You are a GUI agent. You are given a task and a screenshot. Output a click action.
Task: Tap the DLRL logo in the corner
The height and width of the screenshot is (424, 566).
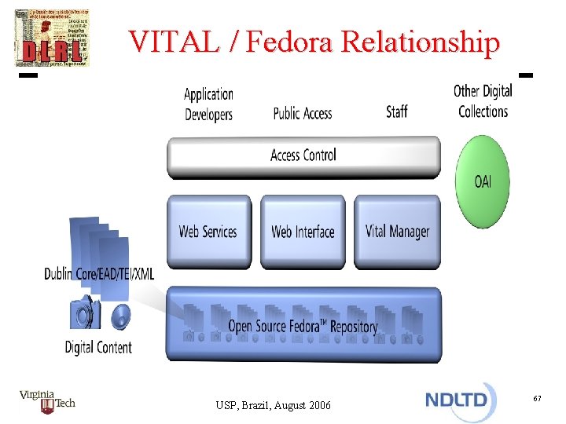pyautogui.click(x=52, y=38)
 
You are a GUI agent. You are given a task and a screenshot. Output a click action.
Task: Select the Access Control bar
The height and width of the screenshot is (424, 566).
pyautogui.click(x=303, y=155)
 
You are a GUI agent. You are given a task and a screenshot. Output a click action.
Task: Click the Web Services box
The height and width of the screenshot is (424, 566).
pyautogui.click(x=208, y=231)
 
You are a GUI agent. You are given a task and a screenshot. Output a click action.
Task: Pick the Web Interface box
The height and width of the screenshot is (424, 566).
pyautogui.click(x=303, y=231)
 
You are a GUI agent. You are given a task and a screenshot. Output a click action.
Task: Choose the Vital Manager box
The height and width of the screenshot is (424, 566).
pyautogui.click(x=397, y=231)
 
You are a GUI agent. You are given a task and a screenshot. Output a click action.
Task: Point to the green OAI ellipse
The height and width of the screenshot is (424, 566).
pyautogui.click(x=483, y=181)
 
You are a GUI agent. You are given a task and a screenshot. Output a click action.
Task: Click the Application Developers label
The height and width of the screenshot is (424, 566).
pyautogui.click(x=208, y=104)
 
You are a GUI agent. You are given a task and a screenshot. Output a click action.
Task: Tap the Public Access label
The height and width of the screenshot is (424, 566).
pyautogui.click(x=303, y=113)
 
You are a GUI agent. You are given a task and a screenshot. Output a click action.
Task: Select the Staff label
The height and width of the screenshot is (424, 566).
pyautogui.click(x=397, y=111)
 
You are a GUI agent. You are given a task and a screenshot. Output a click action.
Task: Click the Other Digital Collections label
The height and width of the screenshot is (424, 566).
pyautogui.click(x=483, y=101)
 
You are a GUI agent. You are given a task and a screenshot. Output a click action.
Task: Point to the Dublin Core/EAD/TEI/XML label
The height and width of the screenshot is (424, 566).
pyautogui.click(x=100, y=274)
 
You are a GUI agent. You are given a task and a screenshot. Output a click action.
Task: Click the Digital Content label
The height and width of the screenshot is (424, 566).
pyautogui.click(x=98, y=346)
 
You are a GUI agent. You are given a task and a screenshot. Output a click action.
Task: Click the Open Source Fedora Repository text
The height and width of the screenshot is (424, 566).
pyautogui.click(x=303, y=326)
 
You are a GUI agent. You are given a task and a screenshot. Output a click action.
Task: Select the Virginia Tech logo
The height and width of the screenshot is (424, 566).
pyautogui.click(x=47, y=402)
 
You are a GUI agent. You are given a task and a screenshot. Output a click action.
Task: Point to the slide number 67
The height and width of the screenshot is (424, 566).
pyautogui.click(x=537, y=400)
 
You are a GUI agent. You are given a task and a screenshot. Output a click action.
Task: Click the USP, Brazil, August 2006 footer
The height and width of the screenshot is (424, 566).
pyautogui.click(x=273, y=405)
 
